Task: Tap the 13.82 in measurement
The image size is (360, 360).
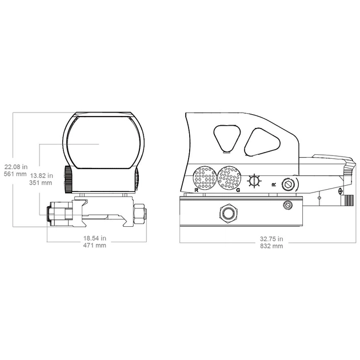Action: pyautogui.click(x=42, y=176)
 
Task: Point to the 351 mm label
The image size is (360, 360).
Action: pyautogui.click(x=41, y=183)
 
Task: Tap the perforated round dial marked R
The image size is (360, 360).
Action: pyautogui.click(x=205, y=178)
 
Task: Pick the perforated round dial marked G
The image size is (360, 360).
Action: pyautogui.click(x=229, y=178)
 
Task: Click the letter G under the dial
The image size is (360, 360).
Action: pyautogui.click(x=238, y=190)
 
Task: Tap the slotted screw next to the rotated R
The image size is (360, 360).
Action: pyautogui.click(x=289, y=185)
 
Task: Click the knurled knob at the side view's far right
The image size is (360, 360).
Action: pyautogui.click(x=348, y=200)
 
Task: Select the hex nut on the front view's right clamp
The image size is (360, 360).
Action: pyautogui.click(x=140, y=214)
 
